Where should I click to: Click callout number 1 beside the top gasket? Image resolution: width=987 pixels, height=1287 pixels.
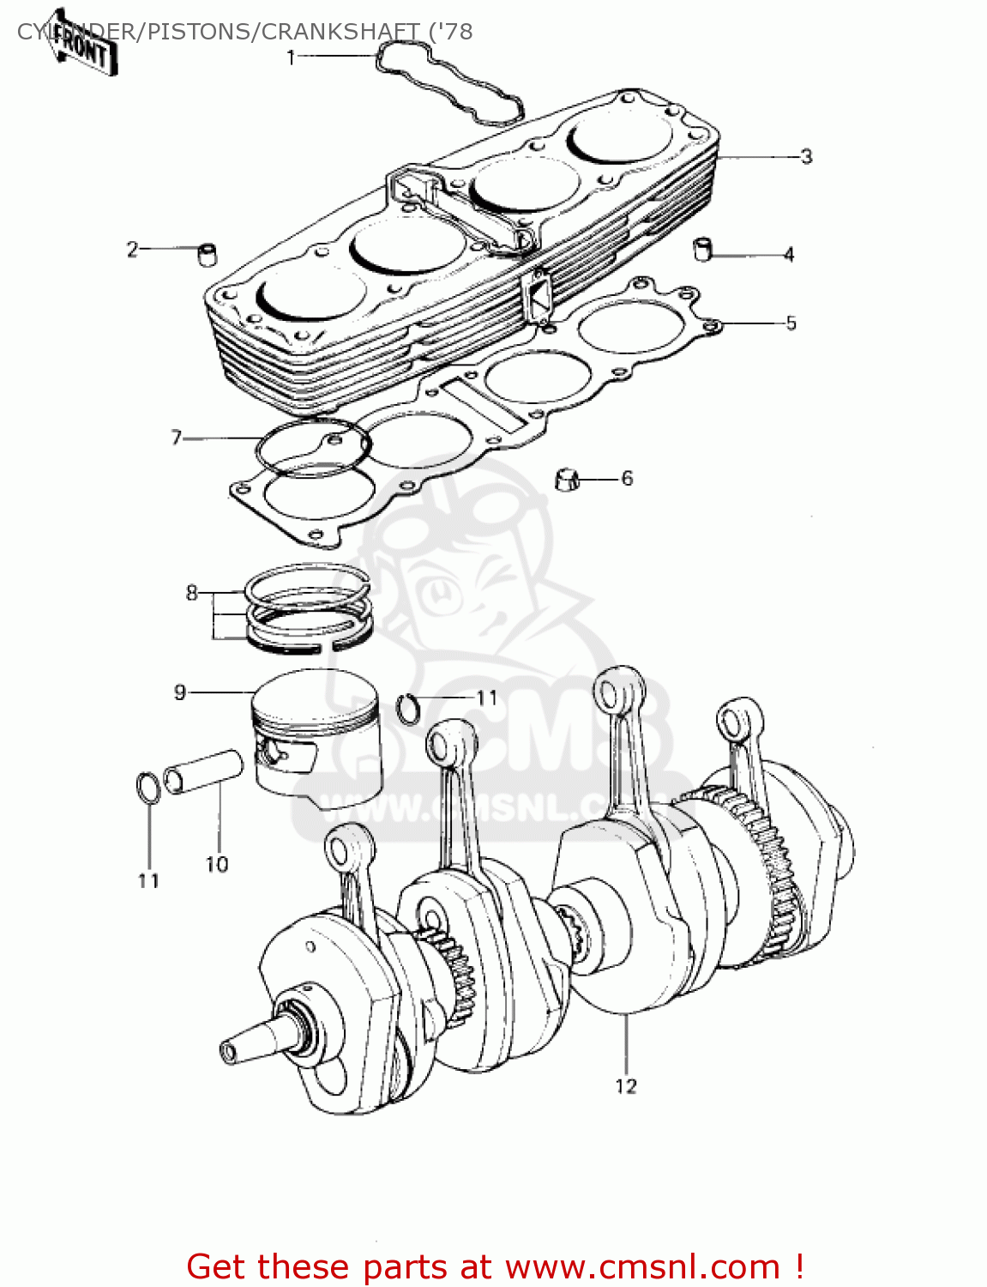click(x=291, y=57)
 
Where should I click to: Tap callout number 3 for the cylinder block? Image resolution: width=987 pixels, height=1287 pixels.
click(x=805, y=156)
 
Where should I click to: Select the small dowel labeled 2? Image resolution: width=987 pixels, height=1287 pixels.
click(x=207, y=255)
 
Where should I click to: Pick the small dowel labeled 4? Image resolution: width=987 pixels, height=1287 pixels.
click(x=703, y=249)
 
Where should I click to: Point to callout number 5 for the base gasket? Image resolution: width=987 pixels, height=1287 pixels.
click(x=791, y=323)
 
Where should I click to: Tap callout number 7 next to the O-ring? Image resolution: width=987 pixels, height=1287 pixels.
click(x=177, y=438)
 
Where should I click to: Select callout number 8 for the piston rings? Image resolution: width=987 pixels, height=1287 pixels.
click(x=191, y=593)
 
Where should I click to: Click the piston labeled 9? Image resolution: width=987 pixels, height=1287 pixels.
click(x=317, y=738)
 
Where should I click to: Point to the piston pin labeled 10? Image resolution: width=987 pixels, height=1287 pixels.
click(x=204, y=770)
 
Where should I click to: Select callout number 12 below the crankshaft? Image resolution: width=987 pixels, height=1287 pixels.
click(x=626, y=1086)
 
